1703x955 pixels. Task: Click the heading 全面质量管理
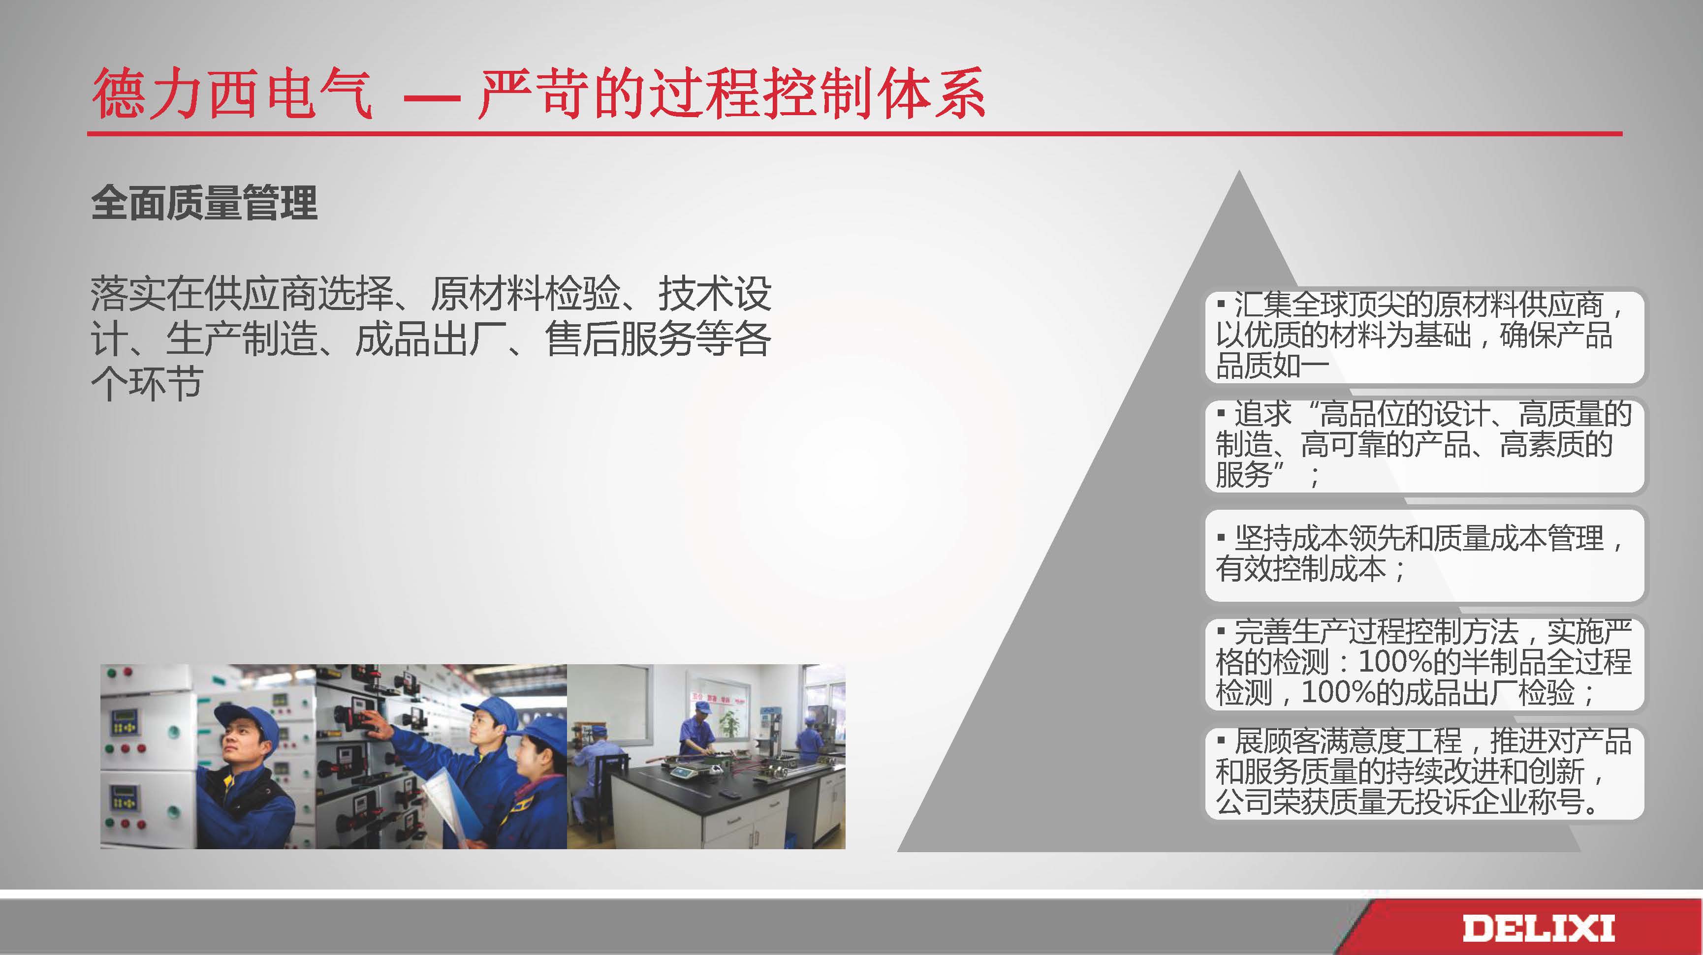(x=204, y=202)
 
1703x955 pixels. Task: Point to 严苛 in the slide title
(x=534, y=94)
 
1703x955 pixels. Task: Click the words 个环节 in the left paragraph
(x=147, y=383)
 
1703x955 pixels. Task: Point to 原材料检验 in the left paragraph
(x=526, y=293)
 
